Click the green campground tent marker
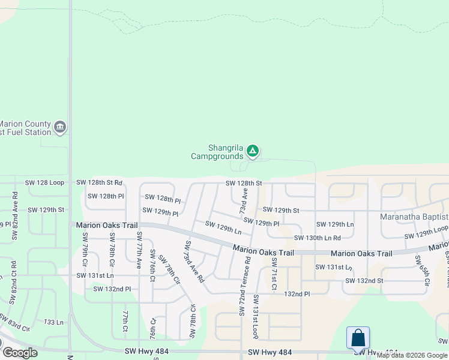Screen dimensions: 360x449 [253, 151]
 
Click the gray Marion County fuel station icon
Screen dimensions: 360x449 [59, 127]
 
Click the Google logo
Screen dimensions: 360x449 [19, 353]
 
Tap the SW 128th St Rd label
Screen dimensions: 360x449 [99, 182]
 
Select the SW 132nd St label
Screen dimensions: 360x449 [364, 281]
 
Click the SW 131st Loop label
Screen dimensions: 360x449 [255, 316]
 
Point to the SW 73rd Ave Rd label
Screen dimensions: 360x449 [194, 262]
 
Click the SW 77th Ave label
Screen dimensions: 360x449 [139, 250]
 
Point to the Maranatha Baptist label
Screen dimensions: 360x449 [414, 217]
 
